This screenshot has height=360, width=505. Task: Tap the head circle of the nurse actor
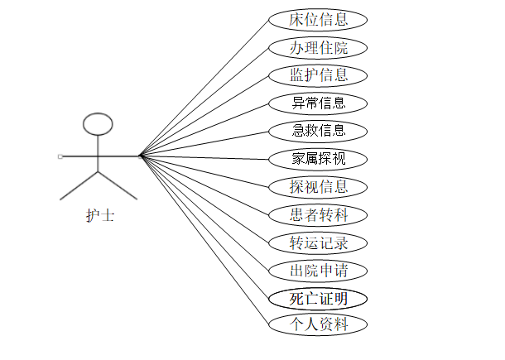tap(99, 124)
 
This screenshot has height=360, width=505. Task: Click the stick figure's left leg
tap(79, 185)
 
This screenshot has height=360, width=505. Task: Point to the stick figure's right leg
tap(118, 185)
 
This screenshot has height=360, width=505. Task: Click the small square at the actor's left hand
tap(60, 156)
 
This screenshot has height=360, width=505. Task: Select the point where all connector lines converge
tap(139, 155)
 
